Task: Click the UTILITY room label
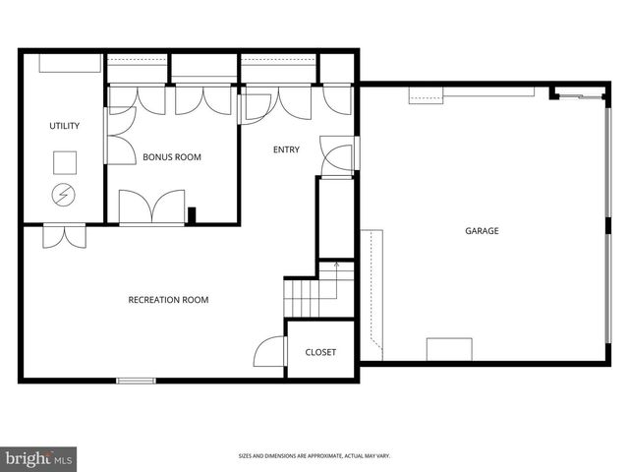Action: click(64, 126)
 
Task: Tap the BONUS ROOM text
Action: click(172, 156)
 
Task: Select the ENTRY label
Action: click(286, 150)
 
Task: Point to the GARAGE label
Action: click(482, 231)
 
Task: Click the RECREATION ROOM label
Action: click(168, 300)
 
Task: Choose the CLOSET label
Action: click(320, 352)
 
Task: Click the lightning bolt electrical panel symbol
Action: click(64, 195)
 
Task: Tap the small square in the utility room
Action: click(65, 160)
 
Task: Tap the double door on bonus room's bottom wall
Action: click(151, 208)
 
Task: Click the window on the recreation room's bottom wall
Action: click(137, 380)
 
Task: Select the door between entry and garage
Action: click(338, 159)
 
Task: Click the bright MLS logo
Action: click(39, 459)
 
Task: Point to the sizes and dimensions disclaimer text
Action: click(314, 456)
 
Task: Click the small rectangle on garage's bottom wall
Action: click(449, 350)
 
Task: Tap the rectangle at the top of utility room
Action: click(69, 64)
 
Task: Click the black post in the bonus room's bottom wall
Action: click(193, 214)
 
